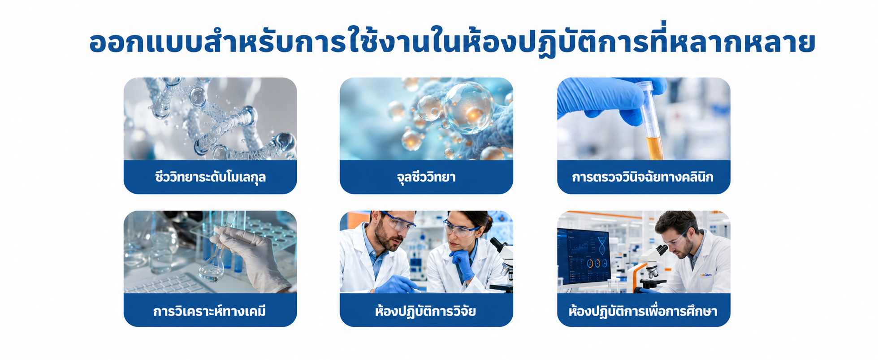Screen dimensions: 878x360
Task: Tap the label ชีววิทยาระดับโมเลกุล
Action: [211, 177]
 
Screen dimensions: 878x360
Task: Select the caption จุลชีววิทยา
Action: [426, 177]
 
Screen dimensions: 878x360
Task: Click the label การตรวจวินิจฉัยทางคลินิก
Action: [643, 177]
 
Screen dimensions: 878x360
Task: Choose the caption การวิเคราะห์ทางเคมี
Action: [210, 310]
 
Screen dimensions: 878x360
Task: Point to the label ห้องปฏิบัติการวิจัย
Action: [426, 311]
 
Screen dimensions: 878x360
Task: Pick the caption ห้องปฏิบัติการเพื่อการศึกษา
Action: [643, 311]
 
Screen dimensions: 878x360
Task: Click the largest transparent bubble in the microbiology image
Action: [468, 108]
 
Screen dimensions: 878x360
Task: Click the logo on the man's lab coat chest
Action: [705, 275]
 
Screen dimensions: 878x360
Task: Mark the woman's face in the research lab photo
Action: [462, 233]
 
